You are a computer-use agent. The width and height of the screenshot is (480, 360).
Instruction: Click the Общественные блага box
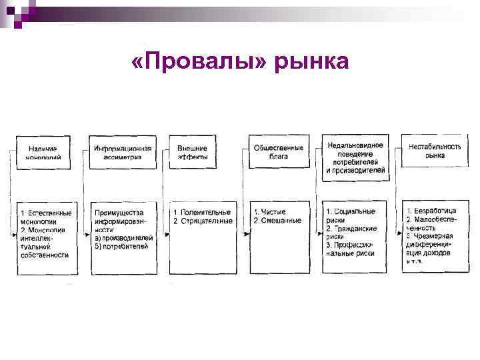279,152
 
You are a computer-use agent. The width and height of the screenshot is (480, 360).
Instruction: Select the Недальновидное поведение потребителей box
355,158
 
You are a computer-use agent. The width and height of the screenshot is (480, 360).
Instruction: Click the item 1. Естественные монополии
45,217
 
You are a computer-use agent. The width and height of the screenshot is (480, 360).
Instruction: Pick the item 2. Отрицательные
203,221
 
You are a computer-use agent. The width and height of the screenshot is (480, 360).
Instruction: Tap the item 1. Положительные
203,212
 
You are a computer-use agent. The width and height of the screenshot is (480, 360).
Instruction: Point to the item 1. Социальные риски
351,215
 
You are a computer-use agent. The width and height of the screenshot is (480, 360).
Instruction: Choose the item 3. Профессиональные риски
351,249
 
